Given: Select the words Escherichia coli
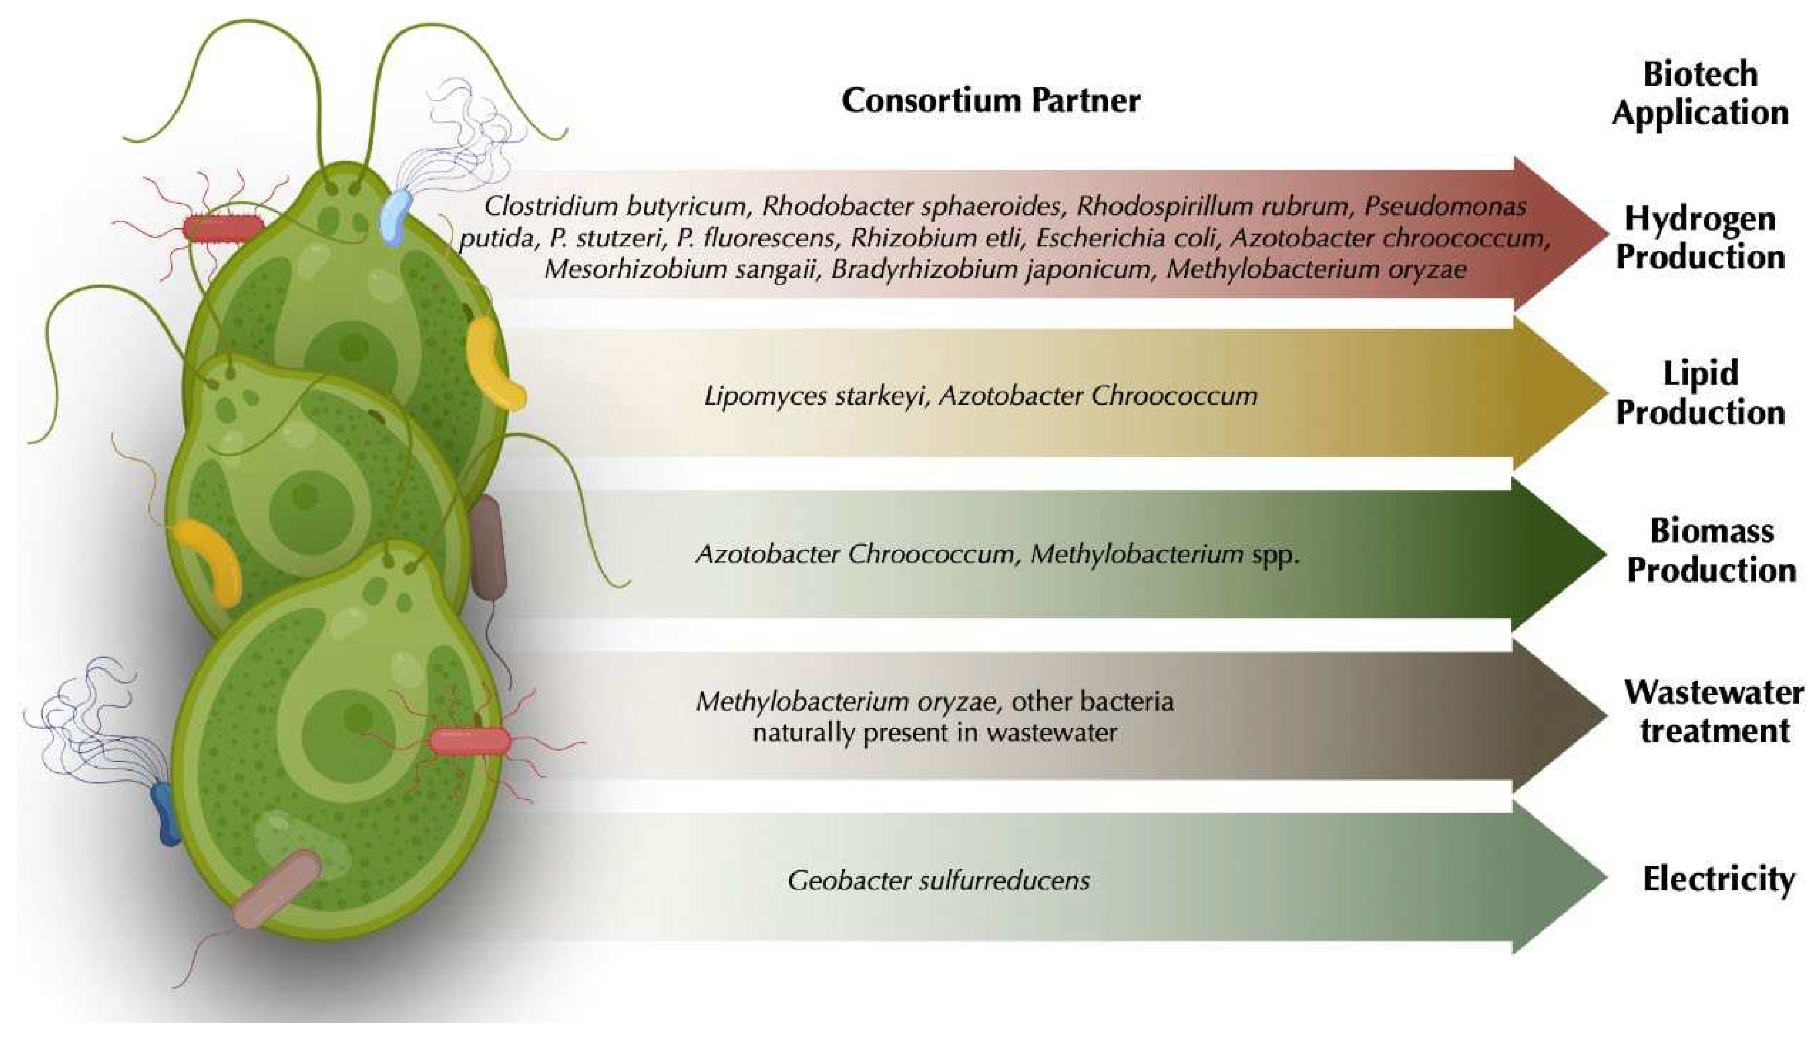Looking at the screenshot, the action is tap(1126, 238).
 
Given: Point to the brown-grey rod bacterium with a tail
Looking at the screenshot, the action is tap(489, 547).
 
